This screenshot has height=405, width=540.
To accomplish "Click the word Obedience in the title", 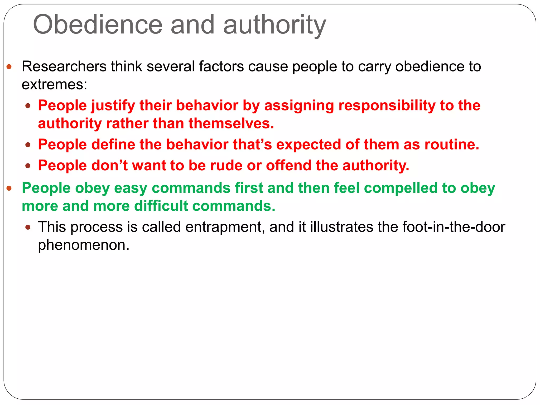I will pos(98,25).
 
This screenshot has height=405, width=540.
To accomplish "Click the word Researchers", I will pos(64,66).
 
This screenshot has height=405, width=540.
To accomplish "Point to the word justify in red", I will pos(113,106).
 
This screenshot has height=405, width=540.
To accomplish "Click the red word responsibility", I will pos(387,106).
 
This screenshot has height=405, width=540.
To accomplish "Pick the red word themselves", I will pos(231,123).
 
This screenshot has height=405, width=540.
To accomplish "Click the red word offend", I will pos(288,165).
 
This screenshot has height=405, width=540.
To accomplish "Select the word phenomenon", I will pos(84,245).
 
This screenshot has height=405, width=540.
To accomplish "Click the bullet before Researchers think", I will pos(9,67).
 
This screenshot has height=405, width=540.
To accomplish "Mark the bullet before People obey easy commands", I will pos(9,188).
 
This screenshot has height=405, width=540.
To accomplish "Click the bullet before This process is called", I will pos(28,227).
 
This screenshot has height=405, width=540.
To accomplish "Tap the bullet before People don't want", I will pos(28,166).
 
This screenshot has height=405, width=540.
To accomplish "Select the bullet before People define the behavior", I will pos(28,145).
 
